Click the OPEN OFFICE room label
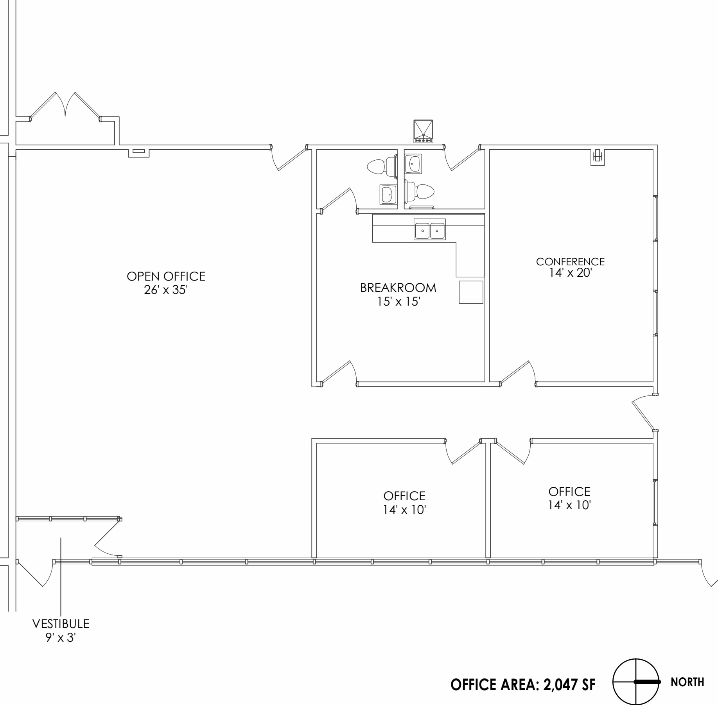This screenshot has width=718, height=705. click(x=166, y=276)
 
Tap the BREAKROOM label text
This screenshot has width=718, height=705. click(x=398, y=288)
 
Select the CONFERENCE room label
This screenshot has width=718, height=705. click(x=570, y=261)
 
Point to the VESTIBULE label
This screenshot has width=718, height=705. click(x=61, y=623)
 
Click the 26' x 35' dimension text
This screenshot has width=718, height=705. click(x=166, y=290)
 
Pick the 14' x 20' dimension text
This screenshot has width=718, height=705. click(x=570, y=273)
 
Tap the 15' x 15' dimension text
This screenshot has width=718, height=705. click(x=398, y=302)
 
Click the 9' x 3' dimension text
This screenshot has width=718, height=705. click(x=61, y=637)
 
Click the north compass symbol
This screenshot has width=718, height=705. click(x=636, y=682)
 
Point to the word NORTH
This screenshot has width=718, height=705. click(x=687, y=682)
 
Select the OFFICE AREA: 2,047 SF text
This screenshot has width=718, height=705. click(x=523, y=684)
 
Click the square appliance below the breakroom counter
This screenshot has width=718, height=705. click(x=471, y=292)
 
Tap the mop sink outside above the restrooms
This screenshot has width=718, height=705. click(x=424, y=131)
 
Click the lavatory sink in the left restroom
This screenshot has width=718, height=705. click(x=388, y=195)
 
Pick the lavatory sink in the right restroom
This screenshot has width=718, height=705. click(x=413, y=164)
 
